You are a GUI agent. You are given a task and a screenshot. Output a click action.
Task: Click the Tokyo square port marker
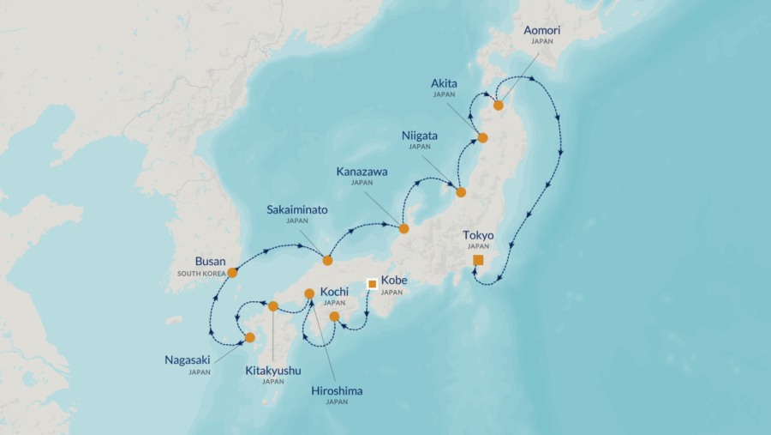coord(478,260)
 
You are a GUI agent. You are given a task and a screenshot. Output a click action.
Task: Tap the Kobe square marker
coord(372,283)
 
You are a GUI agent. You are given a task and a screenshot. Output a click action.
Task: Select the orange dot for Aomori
coord(498,105)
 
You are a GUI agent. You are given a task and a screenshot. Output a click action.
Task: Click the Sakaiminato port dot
coord(327,260)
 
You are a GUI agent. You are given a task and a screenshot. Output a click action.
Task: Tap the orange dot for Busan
coord(232,272)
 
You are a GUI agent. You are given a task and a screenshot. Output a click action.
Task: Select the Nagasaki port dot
coord(249,337)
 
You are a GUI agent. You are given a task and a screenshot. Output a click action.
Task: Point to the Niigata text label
coord(419,136)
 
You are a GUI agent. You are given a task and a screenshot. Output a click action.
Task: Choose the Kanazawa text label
coord(362,172)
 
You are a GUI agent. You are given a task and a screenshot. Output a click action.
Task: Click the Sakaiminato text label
coord(296,208)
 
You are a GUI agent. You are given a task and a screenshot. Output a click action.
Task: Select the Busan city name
coord(210,262)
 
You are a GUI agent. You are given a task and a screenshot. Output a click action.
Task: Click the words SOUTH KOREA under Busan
coord(201,274)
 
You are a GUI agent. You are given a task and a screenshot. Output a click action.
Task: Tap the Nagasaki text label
coord(188,360)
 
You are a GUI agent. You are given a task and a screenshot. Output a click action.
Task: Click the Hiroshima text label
coord(337,390)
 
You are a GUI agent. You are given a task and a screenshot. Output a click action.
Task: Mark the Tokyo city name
coord(478,235)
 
